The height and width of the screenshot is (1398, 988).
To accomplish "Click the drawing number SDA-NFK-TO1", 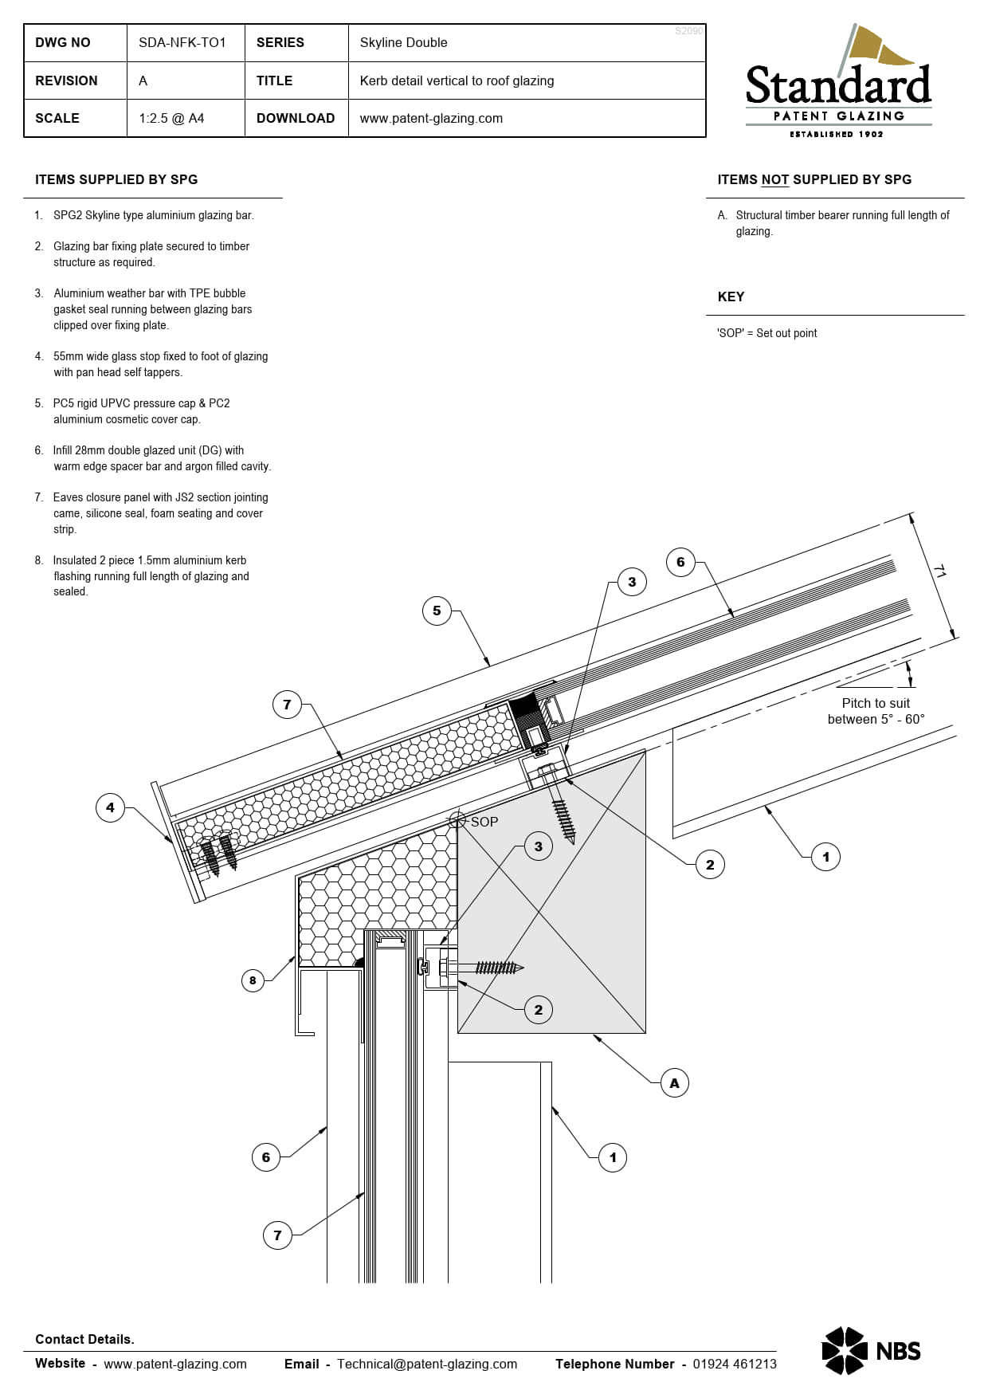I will click(x=182, y=42).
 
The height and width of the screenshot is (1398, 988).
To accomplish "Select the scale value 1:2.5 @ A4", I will click(x=171, y=118).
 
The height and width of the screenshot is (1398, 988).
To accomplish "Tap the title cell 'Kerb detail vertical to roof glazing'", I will click(x=457, y=81).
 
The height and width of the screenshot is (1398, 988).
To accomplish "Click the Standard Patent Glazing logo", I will click(x=838, y=83).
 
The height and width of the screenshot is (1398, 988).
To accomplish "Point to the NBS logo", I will click(x=871, y=1350).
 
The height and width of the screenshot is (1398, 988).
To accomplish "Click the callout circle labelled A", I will click(x=674, y=1083).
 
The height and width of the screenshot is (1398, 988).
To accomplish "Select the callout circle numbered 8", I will click(x=253, y=980).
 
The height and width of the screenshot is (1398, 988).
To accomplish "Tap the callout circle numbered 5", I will click(x=437, y=611).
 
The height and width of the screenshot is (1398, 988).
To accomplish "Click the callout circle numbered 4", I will click(x=110, y=807).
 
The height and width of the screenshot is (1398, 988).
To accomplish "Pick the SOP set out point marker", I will click(x=458, y=819).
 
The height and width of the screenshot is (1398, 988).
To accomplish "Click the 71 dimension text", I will click(x=940, y=571).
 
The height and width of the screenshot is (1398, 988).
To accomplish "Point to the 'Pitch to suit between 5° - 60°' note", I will click(x=876, y=711).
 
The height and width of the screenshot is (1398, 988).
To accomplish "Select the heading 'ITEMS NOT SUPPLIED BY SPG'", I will click(x=814, y=179).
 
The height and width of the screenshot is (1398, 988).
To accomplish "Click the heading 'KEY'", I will click(x=731, y=296).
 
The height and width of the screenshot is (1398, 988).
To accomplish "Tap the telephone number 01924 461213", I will click(x=734, y=1364).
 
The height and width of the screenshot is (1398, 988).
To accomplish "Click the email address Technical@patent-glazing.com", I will click(x=426, y=1364).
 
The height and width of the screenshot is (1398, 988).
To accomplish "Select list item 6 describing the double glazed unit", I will click(x=159, y=458).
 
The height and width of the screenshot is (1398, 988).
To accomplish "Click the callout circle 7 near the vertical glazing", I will click(x=277, y=1235).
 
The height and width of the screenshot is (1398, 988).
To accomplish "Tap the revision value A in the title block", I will click(x=143, y=81).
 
